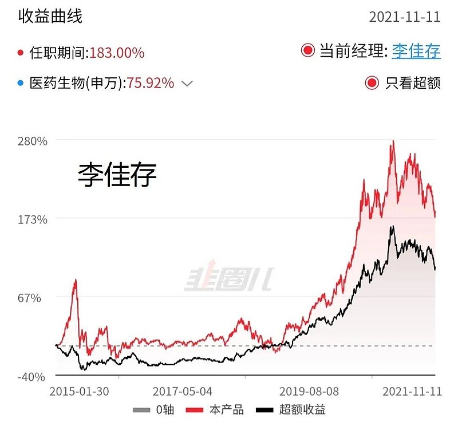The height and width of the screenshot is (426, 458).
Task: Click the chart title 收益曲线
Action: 50,15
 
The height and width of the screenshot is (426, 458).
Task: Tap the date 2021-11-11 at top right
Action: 404,16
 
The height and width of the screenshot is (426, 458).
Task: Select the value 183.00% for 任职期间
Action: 117,53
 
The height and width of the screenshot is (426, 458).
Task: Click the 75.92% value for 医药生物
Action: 150,83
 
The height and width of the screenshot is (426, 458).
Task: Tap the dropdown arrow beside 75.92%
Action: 187,84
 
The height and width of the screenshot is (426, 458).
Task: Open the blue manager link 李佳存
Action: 416,51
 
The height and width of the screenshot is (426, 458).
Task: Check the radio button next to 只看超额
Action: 372,83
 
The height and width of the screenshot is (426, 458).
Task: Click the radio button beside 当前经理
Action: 308,51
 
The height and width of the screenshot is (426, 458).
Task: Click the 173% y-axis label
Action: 34,219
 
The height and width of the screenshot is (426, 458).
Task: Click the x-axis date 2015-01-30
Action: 80,392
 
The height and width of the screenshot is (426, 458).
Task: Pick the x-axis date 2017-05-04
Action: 182,392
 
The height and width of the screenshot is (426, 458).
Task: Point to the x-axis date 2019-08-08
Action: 309,392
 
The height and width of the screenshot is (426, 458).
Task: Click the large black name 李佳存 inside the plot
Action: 117,175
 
